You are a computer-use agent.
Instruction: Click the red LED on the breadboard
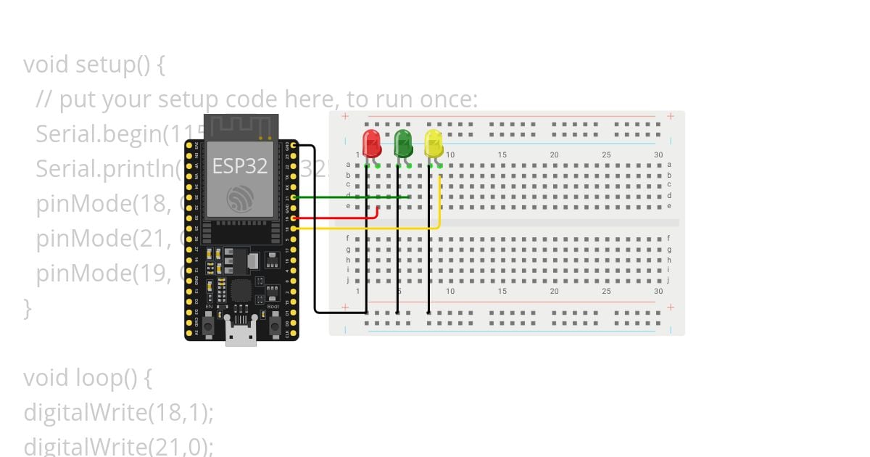tap(372, 143)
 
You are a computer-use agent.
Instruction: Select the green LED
tap(403, 143)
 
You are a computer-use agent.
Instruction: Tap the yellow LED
tap(434, 143)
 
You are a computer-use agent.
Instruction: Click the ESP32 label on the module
tap(240, 165)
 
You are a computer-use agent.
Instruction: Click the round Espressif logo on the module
tap(240, 199)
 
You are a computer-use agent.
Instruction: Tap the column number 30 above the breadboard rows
tap(658, 155)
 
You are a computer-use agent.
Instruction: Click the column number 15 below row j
tap(502, 291)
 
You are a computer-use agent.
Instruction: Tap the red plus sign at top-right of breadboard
tap(671, 116)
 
